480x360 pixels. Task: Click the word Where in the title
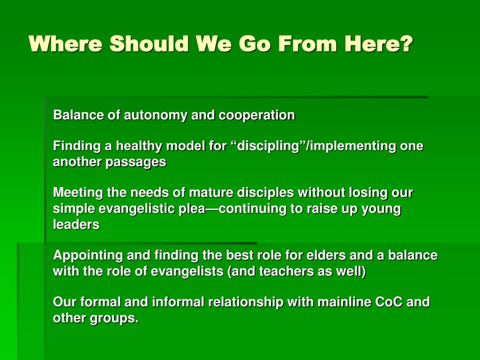click(66, 44)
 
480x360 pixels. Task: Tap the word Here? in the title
click(379, 44)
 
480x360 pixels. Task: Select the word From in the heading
click(307, 44)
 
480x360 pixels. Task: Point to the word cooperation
click(256, 116)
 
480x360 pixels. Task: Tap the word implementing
click(353, 146)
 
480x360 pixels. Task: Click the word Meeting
click(78, 193)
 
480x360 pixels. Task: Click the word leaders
click(76, 225)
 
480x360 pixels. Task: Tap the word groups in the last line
click(114, 319)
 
